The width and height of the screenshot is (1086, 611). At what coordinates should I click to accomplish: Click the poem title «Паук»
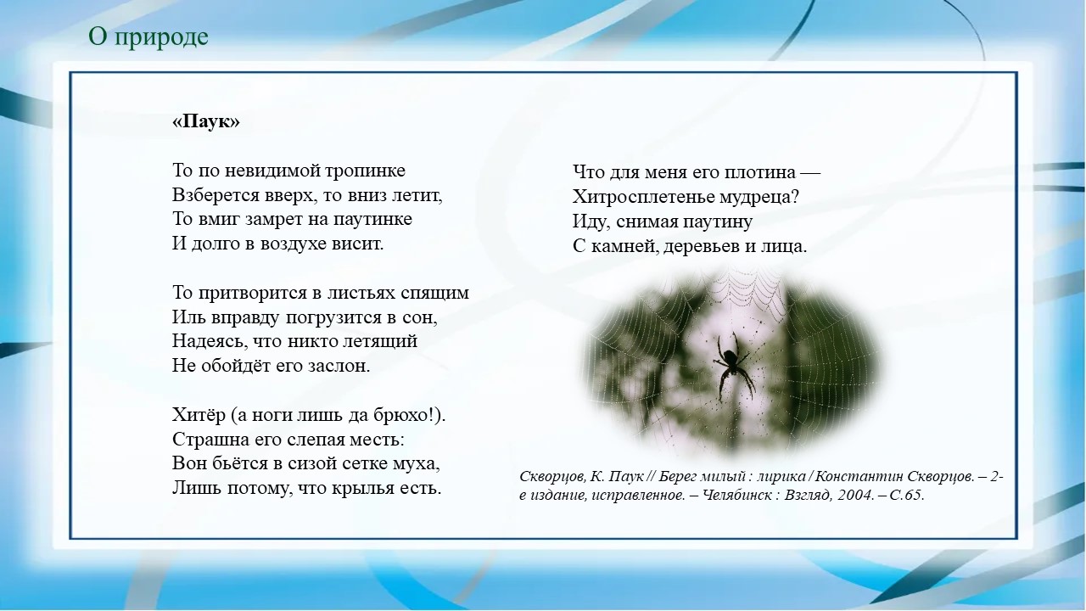(x=205, y=122)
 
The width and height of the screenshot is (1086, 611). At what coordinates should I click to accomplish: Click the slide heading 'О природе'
(x=148, y=37)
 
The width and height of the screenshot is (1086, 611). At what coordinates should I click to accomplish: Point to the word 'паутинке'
(x=375, y=219)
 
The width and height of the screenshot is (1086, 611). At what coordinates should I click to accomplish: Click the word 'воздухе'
(x=300, y=244)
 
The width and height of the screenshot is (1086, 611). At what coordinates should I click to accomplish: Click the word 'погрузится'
(x=322, y=318)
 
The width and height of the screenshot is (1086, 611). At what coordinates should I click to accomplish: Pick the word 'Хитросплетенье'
(x=641, y=198)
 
